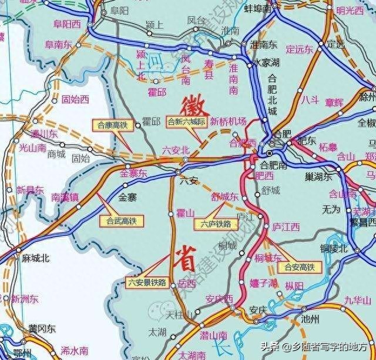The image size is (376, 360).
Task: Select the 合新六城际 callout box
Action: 186,122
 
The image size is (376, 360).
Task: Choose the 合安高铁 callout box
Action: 299,266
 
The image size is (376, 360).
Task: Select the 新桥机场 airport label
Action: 229,121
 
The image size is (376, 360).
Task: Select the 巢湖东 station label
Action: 319,176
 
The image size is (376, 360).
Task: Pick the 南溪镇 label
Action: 65,197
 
